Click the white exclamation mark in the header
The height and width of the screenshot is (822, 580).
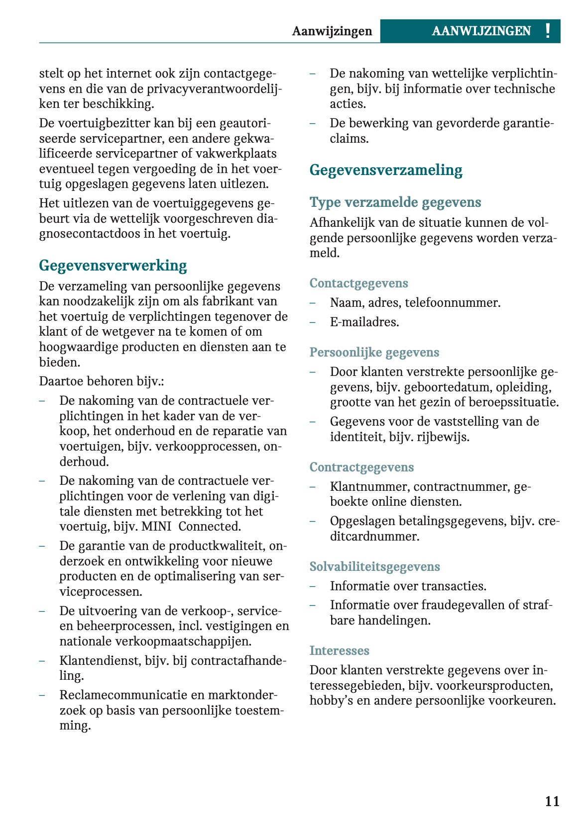[548, 31]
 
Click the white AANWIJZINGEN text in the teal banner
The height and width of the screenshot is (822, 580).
[481, 31]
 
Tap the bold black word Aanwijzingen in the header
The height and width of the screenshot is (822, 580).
[332, 31]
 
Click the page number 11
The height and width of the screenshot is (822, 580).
[552, 801]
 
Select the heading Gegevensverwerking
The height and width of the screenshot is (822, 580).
[113, 266]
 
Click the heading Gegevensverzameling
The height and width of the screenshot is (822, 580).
[385, 170]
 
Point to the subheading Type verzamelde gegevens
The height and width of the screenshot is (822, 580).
[395, 202]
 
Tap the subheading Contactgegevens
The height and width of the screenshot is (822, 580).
[358, 283]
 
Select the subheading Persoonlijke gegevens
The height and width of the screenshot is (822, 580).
[374, 353]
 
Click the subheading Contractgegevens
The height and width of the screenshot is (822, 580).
[361, 467]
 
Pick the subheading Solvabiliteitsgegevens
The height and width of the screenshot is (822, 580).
[374, 567]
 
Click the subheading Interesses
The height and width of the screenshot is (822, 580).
[339, 651]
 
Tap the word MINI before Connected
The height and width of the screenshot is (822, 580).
[156, 527]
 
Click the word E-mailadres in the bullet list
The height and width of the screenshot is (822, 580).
[364, 322]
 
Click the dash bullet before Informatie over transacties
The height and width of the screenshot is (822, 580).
[313, 586]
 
